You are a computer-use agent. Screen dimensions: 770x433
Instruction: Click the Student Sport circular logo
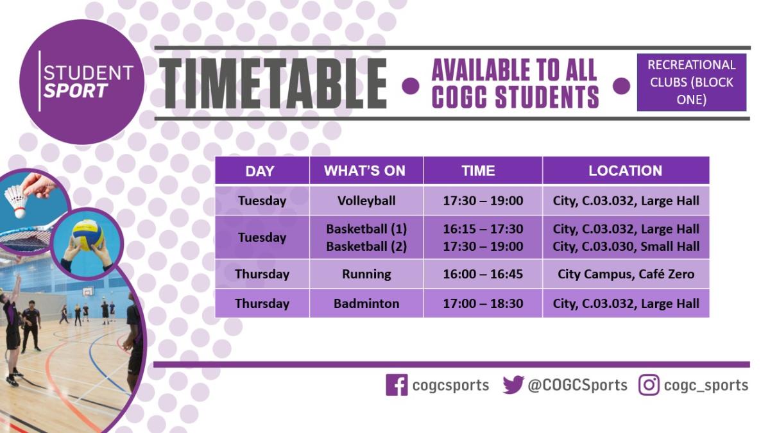82,82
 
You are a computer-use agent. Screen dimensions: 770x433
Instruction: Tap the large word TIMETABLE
273,84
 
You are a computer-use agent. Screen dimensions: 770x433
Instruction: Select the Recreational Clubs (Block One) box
692,82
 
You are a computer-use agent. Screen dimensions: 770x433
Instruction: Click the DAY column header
260,171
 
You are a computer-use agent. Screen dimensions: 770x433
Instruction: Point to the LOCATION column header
625,171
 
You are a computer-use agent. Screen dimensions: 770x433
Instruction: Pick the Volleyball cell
366,201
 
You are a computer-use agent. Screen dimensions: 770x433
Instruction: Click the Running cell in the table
366,274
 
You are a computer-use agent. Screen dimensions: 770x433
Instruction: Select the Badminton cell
366,303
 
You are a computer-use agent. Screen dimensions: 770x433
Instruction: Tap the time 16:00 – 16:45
483,274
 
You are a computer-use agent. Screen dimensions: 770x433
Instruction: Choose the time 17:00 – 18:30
483,303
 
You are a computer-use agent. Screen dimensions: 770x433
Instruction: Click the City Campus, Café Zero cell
626,274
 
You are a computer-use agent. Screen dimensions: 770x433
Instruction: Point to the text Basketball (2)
366,246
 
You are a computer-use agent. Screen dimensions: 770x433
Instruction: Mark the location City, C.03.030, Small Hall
626,246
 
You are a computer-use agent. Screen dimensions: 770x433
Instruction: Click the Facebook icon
397,385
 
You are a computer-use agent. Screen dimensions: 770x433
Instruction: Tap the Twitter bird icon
513,385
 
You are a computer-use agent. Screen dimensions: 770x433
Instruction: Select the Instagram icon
649,385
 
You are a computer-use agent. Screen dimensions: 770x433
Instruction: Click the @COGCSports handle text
577,386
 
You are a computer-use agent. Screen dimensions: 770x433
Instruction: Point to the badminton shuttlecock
17,201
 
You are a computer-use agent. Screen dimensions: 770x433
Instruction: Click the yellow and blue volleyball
88,235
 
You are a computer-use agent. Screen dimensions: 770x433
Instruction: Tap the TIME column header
479,171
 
